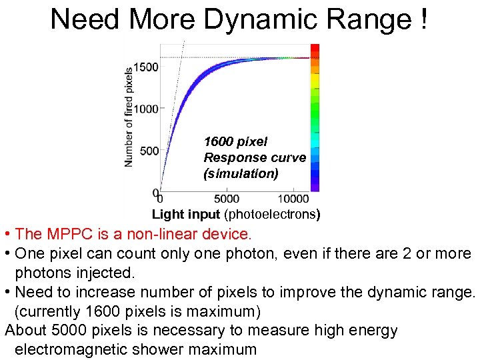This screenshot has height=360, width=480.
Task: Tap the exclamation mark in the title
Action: click(425, 19)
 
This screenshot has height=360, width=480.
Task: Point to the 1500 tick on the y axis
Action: click(146, 67)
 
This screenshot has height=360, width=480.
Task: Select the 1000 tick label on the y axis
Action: click(146, 109)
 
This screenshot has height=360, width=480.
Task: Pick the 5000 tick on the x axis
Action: click(227, 198)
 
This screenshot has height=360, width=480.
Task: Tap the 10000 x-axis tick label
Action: click(293, 198)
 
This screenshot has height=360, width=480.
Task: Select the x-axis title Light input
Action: click(186, 215)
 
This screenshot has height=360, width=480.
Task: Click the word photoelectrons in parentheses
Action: click(272, 215)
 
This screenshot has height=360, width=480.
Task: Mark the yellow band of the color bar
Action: click(315, 81)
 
